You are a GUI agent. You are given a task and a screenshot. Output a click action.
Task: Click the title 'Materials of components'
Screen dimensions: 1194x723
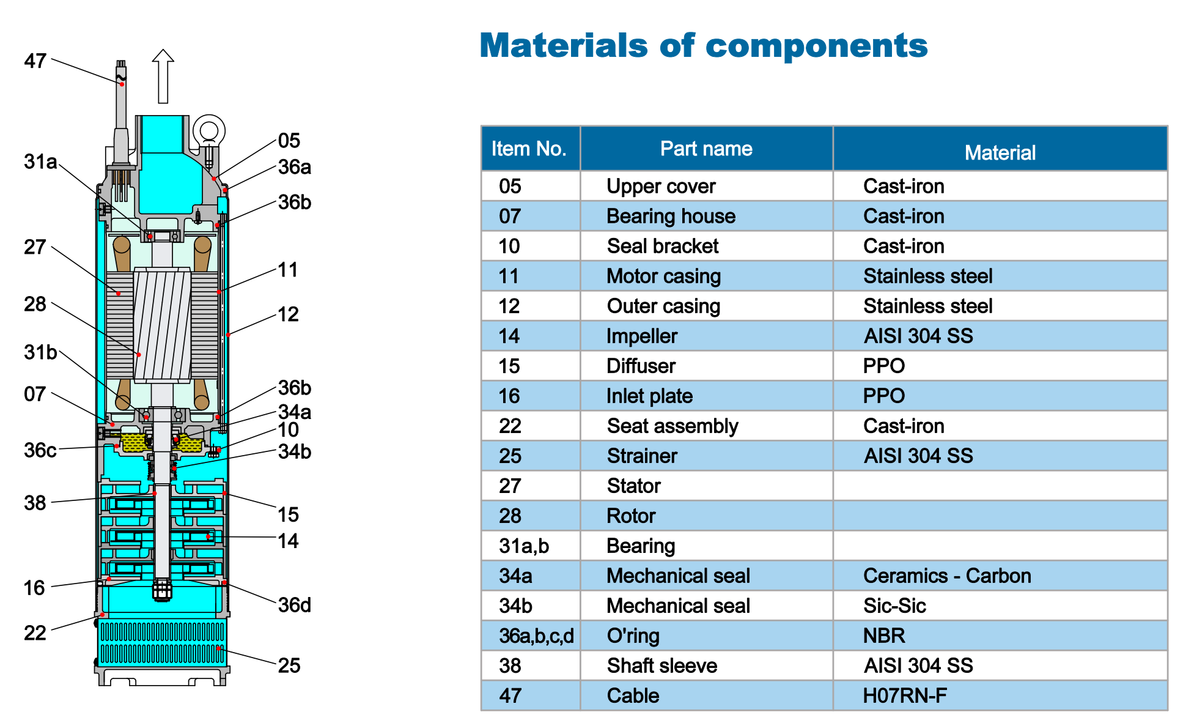click(x=704, y=46)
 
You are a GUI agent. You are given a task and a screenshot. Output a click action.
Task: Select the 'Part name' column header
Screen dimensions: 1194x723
click(x=706, y=149)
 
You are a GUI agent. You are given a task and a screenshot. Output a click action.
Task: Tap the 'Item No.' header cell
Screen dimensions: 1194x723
click(x=529, y=149)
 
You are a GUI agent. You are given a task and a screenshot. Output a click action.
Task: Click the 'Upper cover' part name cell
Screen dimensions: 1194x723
click(x=661, y=186)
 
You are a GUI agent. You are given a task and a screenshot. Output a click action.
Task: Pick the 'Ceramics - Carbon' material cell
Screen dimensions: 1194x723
click(x=947, y=576)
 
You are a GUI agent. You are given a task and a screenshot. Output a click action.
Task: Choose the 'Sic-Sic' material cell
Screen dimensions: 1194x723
click(x=894, y=606)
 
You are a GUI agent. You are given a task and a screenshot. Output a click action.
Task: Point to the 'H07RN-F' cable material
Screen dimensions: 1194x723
click(x=905, y=695)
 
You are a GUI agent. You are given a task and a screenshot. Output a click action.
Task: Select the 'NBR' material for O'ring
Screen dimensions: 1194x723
click(x=884, y=636)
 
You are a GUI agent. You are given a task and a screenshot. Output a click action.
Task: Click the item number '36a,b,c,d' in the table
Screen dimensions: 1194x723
click(x=536, y=636)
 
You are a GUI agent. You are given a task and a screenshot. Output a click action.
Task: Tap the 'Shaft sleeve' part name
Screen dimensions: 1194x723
click(x=662, y=666)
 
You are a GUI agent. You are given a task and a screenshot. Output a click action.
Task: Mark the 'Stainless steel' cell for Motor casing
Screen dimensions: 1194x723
click(x=928, y=276)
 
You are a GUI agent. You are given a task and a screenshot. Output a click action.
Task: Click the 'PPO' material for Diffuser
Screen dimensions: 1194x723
click(x=884, y=366)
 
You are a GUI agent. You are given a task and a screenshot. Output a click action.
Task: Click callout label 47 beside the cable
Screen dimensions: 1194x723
click(x=35, y=61)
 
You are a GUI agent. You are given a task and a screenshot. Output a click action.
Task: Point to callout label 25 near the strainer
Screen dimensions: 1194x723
click(x=289, y=666)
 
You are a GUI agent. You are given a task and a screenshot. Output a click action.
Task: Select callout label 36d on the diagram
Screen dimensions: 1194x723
click(x=295, y=605)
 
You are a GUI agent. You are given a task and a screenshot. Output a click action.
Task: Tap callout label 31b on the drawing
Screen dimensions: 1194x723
click(x=40, y=352)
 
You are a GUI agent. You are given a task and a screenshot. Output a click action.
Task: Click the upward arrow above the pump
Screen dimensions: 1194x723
click(x=163, y=76)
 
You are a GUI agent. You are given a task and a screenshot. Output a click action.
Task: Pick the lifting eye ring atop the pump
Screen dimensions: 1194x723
click(x=209, y=131)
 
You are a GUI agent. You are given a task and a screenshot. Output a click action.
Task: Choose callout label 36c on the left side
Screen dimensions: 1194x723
click(x=40, y=450)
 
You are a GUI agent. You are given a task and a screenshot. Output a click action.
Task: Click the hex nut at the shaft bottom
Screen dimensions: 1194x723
click(x=162, y=591)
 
